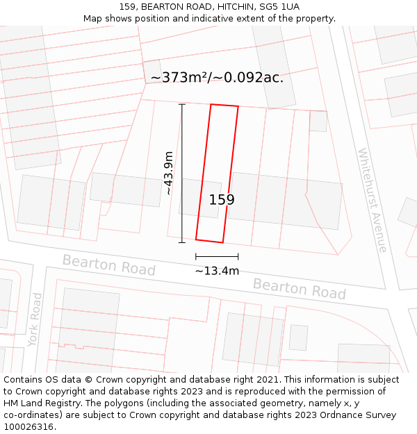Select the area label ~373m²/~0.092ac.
click(x=217, y=77)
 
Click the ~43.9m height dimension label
click(x=168, y=173)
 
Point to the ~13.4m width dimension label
click(x=217, y=271)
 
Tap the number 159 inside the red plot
click(x=222, y=200)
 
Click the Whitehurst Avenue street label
click(x=372, y=199)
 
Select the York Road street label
click(x=35, y=319)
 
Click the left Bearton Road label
click(x=109, y=265)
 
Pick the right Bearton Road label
click(x=299, y=288)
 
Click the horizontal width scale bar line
click(x=217, y=257)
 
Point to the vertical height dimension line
click(x=182, y=173)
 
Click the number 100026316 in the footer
click(x=29, y=426)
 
